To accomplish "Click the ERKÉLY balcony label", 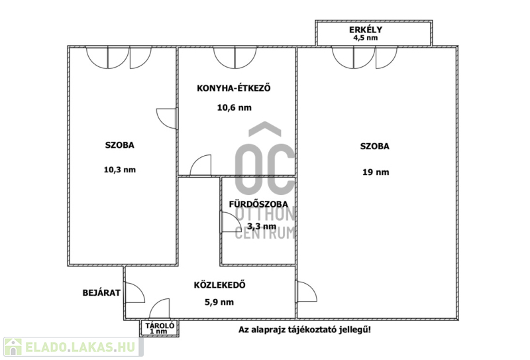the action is coord(366,29).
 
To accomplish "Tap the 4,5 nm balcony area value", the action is coord(366,38).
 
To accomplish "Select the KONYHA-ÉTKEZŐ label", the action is coord(234,88).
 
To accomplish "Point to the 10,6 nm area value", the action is coord(235,107).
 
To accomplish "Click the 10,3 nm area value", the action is coord(120,170).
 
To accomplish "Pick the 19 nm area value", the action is coord(376,172).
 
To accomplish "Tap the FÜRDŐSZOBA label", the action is coord(258,204).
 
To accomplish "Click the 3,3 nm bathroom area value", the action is coord(262,226).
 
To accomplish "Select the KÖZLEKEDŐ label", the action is coord(220,285).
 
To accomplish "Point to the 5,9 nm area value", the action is coord(219,302).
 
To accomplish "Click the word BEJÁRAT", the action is coord(101,292).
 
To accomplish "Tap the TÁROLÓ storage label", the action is coord(160,326).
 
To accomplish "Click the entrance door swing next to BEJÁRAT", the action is coord(134,293).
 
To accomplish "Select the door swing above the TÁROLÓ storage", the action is coord(160,308).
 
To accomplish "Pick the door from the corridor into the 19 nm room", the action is coord(307,292).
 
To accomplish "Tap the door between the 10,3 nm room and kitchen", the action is coord(167,119).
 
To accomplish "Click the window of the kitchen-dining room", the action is coord(235,58).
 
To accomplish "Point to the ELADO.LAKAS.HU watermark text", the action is coord(80,347).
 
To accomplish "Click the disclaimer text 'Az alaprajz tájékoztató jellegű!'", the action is coord(305,330).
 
